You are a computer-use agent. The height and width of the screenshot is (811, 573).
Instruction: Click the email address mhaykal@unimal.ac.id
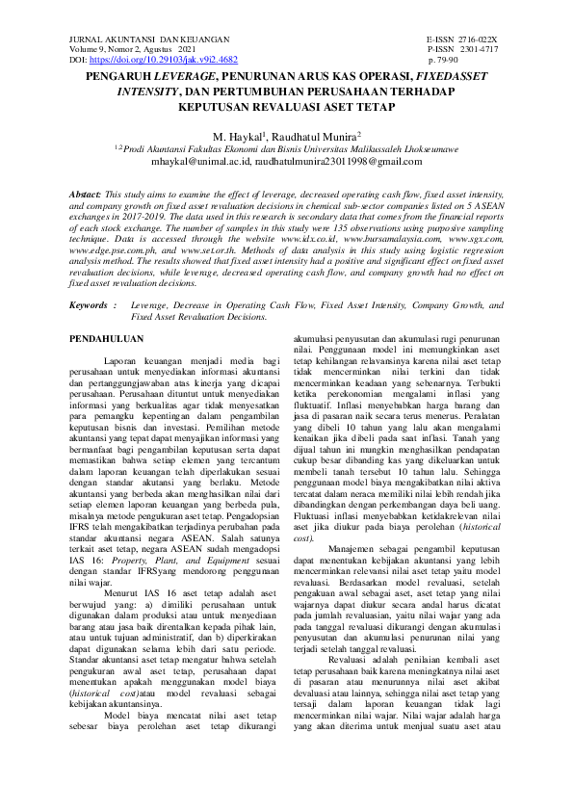point(224,163)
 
